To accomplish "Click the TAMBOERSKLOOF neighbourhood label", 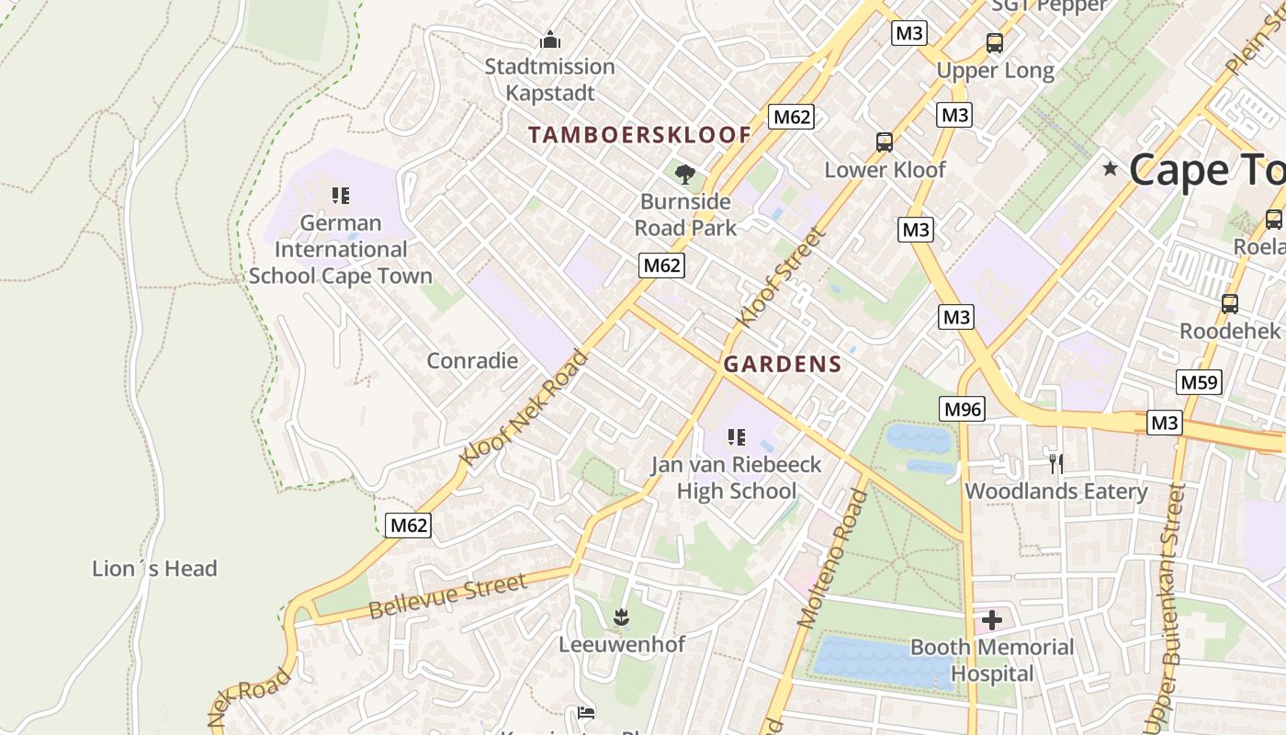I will [x=639, y=135].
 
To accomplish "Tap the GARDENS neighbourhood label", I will [x=783, y=364].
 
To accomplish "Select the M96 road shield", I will [x=962, y=409].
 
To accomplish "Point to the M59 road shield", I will [x=1200, y=382].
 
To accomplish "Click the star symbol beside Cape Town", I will [x=1111, y=168].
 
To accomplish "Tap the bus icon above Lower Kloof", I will [x=885, y=142].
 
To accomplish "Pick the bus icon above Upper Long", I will [x=995, y=42].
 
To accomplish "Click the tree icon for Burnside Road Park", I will [x=684, y=174].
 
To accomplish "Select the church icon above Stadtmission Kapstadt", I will [x=550, y=40].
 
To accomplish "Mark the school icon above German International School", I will [x=341, y=196].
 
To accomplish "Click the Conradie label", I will [x=472, y=360].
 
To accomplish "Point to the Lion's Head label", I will [x=155, y=569].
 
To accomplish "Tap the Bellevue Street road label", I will [x=448, y=597].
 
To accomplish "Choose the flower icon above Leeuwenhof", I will [x=622, y=616].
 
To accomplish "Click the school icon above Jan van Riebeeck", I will [x=737, y=437].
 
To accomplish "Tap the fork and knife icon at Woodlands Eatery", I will [x=1056, y=464].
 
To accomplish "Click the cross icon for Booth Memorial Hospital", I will [x=992, y=621].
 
